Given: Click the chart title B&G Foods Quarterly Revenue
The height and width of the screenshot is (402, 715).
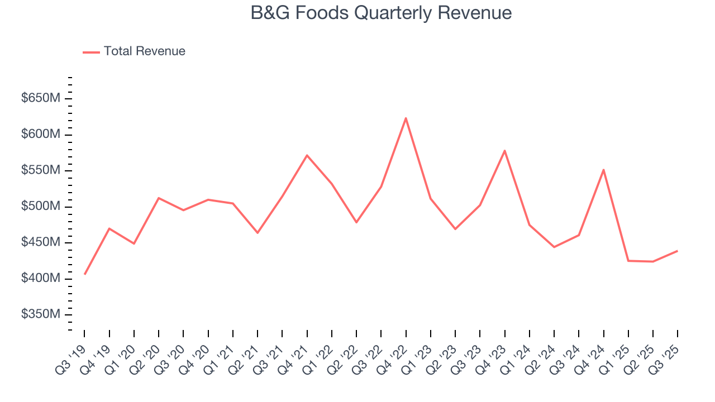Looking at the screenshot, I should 381,13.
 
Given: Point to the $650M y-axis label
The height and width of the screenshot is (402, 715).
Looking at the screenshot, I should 41,99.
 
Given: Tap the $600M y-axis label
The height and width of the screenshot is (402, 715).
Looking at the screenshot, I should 41,135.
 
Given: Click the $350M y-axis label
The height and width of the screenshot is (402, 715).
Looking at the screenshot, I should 41,315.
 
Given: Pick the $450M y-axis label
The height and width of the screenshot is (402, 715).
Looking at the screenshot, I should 41,243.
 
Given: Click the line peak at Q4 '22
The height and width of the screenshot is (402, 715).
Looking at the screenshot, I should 406,118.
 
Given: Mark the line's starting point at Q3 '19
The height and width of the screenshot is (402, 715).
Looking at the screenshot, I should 85,274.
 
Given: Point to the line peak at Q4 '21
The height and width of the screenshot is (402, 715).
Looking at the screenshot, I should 307,155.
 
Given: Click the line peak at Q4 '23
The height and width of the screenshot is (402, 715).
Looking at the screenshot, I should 504,151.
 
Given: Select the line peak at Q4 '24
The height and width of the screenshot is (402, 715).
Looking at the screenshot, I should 603,170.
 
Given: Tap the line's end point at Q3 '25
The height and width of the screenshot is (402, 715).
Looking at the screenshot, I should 677,251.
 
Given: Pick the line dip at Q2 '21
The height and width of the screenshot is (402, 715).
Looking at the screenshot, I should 258,233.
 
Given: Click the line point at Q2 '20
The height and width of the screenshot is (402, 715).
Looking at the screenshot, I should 159,198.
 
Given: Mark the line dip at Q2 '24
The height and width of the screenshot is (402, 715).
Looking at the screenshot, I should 554,247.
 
